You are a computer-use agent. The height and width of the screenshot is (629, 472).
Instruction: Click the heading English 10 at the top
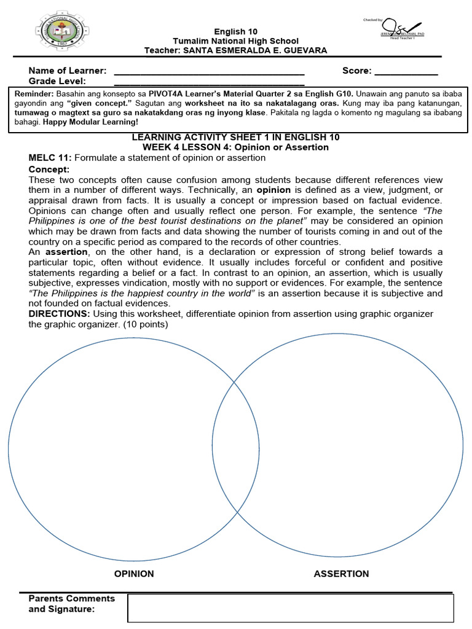click(235, 31)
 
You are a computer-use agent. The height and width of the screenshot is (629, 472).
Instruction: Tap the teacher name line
click(235, 50)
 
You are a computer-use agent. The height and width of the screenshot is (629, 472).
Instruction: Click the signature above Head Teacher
click(396, 28)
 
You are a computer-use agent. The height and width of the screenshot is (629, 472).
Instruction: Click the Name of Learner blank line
click(209, 71)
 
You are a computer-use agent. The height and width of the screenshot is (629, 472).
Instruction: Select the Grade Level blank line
click(209, 82)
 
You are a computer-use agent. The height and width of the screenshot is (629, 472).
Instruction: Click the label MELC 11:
click(50, 158)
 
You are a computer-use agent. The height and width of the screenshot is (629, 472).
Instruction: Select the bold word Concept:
click(49, 169)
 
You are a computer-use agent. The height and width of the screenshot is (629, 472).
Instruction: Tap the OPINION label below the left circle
click(134, 574)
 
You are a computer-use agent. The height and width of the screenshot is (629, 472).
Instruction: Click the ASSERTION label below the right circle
click(341, 574)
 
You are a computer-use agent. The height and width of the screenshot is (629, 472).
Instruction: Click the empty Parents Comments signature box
click(290, 608)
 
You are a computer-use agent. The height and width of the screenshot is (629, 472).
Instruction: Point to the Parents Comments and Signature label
click(71, 603)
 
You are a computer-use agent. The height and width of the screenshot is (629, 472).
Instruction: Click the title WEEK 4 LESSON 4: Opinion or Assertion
click(235, 147)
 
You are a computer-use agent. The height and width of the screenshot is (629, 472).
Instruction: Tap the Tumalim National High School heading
click(235, 41)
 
